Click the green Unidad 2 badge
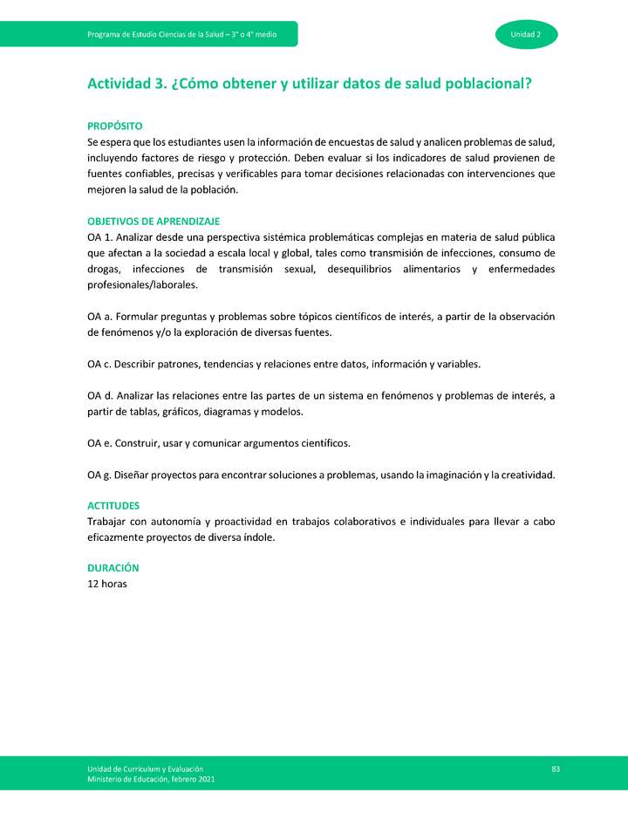526,34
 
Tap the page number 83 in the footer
555,768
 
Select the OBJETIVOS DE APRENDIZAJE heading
153,222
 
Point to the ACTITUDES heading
113,506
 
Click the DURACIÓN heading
113,568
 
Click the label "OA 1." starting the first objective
99,237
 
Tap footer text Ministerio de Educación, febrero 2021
150,779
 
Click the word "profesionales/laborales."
142,285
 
